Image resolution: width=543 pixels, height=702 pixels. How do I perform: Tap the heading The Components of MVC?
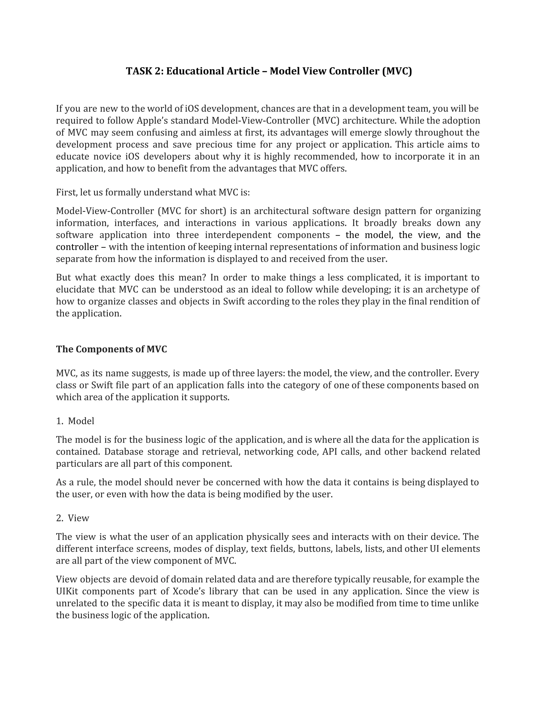(x=111, y=349)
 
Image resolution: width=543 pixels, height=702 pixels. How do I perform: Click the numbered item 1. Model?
(x=75, y=421)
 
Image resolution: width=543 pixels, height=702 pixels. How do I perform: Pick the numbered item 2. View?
(x=73, y=518)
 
